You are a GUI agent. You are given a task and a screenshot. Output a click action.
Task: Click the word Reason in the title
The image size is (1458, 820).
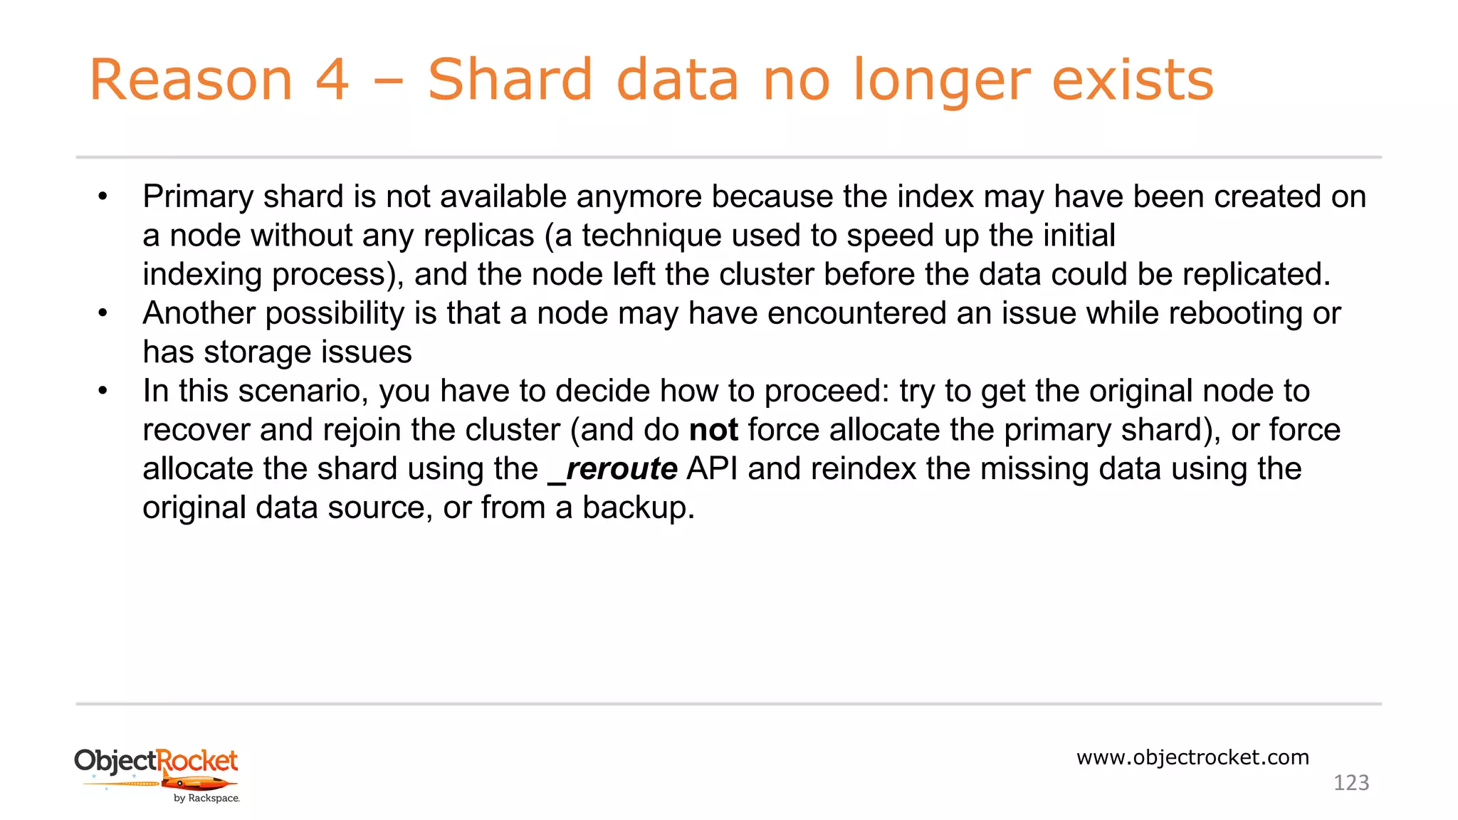(x=191, y=80)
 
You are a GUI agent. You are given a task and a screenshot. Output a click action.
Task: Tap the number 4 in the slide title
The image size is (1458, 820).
(x=332, y=80)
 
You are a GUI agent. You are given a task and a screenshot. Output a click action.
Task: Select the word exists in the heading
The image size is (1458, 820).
(x=1133, y=80)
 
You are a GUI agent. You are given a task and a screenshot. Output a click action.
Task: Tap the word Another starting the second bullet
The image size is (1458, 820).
(x=199, y=313)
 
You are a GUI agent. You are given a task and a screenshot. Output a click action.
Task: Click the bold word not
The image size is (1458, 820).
(x=713, y=431)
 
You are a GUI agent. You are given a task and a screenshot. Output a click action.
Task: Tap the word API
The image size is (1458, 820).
(x=712, y=469)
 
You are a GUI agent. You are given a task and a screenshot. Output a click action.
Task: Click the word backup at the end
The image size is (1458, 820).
(x=634, y=508)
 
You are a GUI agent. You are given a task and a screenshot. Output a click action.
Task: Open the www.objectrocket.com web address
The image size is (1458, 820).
(x=1192, y=757)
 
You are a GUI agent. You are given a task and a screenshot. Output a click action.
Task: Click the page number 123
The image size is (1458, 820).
(x=1351, y=783)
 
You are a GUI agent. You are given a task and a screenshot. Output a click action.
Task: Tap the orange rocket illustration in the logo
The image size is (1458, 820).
(x=199, y=783)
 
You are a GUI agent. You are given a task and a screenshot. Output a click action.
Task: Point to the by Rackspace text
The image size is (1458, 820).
(x=206, y=799)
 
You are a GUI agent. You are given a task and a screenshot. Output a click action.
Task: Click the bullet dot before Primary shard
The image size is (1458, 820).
(x=103, y=197)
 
